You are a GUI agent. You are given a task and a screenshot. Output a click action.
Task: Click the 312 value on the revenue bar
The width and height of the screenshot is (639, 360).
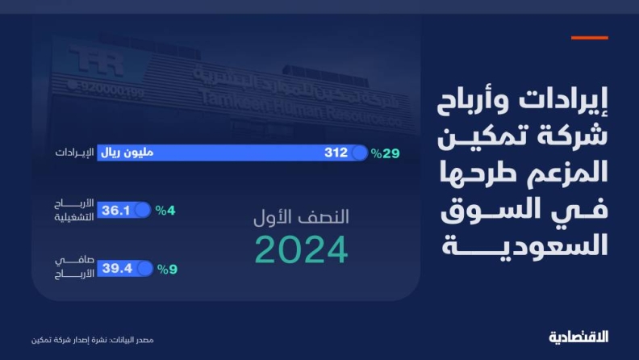(x=336, y=153)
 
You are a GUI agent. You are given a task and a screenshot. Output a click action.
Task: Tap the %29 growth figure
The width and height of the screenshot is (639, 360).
(x=385, y=153)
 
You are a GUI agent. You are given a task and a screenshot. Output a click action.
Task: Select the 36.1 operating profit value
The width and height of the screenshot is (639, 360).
(x=115, y=211)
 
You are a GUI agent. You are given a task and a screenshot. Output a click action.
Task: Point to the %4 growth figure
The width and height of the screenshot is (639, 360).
(x=165, y=211)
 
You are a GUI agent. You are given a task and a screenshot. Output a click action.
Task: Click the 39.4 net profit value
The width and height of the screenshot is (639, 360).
(x=117, y=268)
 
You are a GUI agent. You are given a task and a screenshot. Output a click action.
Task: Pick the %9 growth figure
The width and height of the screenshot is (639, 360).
(x=167, y=270)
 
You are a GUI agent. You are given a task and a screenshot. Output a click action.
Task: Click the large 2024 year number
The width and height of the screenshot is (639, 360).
(x=301, y=249)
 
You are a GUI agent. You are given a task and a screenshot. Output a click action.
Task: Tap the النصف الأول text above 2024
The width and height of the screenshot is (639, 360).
(x=301, y=216)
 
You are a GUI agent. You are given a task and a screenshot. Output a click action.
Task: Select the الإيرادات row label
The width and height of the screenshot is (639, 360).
(x=74, y=153)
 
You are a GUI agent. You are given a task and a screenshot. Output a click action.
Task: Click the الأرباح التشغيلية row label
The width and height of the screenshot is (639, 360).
(x=74, y=210)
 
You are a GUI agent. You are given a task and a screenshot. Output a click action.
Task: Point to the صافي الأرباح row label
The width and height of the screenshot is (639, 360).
(x=74, y=267)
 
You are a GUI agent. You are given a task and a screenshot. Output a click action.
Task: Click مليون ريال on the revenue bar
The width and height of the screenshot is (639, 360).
(x=127, y=153)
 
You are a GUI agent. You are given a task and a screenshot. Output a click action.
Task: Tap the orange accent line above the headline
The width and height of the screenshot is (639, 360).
(x=589, y=38)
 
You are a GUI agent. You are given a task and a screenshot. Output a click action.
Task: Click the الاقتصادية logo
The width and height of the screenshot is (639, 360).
(x=578, y=337)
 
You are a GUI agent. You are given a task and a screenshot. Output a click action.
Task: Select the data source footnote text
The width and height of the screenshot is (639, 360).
(x=93, y=340)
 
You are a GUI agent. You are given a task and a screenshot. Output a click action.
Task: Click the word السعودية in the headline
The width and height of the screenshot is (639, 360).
(x=525, y=245)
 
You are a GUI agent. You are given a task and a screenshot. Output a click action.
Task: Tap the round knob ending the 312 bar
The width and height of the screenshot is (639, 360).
(x=360, y=153)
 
